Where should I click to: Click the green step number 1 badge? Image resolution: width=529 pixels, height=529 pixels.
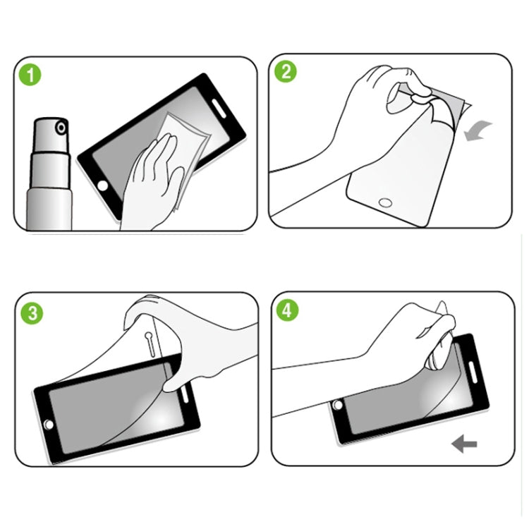click(x=28, y=74)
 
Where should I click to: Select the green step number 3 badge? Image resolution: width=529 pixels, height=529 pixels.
click(x=30, y=312)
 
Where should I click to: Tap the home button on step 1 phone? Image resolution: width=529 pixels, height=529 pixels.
click(x=103, y=186)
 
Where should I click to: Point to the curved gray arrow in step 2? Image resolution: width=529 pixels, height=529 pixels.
click(x=479, y=130)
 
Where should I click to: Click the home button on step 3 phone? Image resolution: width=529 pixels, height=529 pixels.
click(x=49, y=425)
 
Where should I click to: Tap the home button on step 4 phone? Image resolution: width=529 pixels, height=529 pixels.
click(x=337, y=406)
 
